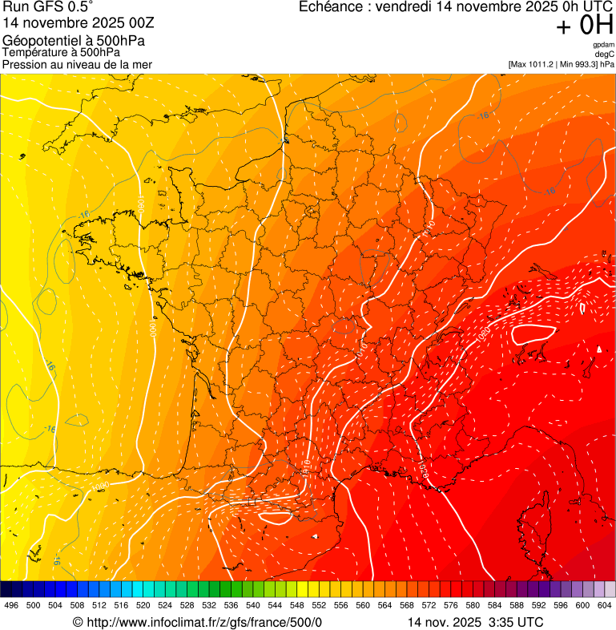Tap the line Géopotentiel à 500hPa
click(x=74, y=40)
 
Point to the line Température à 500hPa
click(x=62, y=52)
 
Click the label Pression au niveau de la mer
click(x=77, y=64)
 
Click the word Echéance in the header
click(x=332, y=7)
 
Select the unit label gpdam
click(x=603, y=45)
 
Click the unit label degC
click(x=605, y=54)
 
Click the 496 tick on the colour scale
click(x=11, y=605)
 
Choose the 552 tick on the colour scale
click(x=319, y=605)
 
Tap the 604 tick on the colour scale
click(x=605, y=605)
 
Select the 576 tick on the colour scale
click(x=451, y=605)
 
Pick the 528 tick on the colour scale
click(x=187, y=605)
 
